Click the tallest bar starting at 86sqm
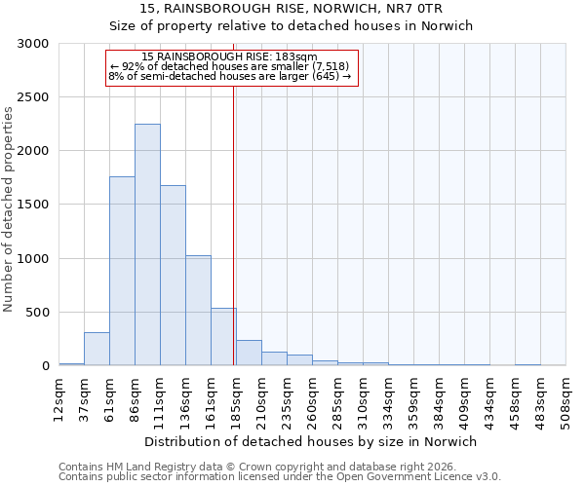[147, 244]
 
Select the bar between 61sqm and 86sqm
[122, 271]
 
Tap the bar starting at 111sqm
[173, 276]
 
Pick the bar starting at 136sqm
[198, 311]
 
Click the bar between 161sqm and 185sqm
[223, 337]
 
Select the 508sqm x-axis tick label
[566, 402]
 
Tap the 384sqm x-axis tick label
[440, 402]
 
